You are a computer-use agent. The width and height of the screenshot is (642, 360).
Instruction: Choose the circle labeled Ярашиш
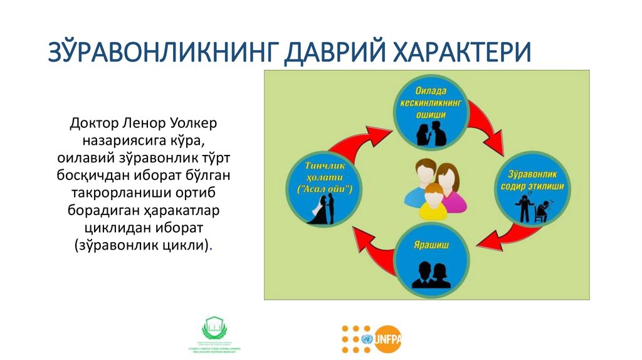coord(431,258)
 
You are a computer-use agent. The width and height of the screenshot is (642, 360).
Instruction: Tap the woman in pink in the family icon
coord(451,185)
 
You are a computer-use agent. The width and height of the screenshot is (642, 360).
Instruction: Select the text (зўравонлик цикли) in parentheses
coord(144,243)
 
